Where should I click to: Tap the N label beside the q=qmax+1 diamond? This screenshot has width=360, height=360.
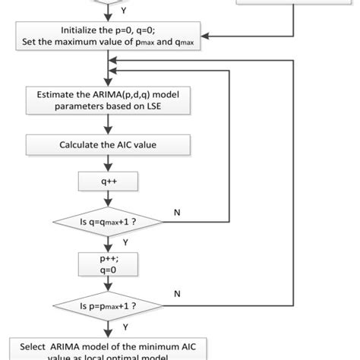(x=177, y=212)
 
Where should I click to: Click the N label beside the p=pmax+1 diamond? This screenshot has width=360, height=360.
(x=177, y=292)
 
